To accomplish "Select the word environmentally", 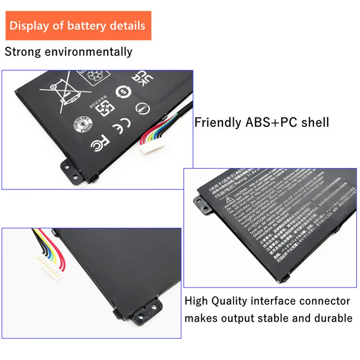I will pos(88,52).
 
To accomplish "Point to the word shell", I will pos(314,122).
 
